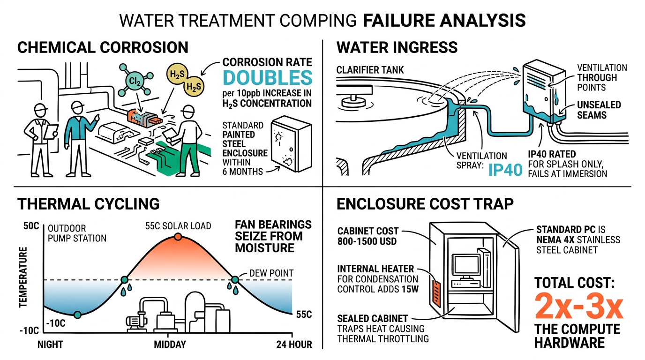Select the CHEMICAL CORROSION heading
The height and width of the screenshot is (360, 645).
pyautogui.click(x=103, y=47)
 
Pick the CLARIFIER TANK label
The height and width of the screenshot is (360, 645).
pyautogui.click(x=370, y=70)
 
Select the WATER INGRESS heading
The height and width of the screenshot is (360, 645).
pyautogui.click(x=397, y=47)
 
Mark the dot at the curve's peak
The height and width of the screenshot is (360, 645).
pyautogui.click(x=177, y=237)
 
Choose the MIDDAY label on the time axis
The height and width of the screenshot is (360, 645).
pyautogui.click(x=170, y=345)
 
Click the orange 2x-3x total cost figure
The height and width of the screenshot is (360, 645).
pyautogui.click(x=579, y=307)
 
